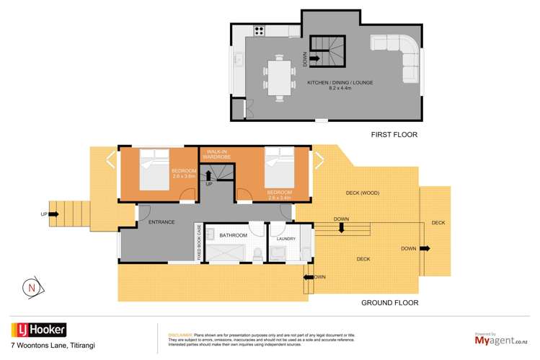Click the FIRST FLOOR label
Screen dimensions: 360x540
pyautogui.click(x=394, y=134)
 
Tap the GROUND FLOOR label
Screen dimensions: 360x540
pyautogui.click(x=389, y=303)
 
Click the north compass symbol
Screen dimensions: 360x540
pyautogui.click(x=31, y=288)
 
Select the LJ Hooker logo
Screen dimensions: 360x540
pyautogui.click(x=38, y=330)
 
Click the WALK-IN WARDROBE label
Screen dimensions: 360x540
pyautogui.click(x=216, y=153)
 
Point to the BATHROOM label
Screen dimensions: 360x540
pyautogui.click(x=234, y=235)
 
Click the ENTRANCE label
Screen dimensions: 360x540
pyautogui.click(x=162, y=222)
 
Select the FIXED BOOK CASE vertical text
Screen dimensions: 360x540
pyautogui.click(x=198, y=242)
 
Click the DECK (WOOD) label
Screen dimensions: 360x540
pyautogui.click(x=361, y=193)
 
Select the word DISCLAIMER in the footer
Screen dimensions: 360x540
pyautogui.click(x=180, y=335)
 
